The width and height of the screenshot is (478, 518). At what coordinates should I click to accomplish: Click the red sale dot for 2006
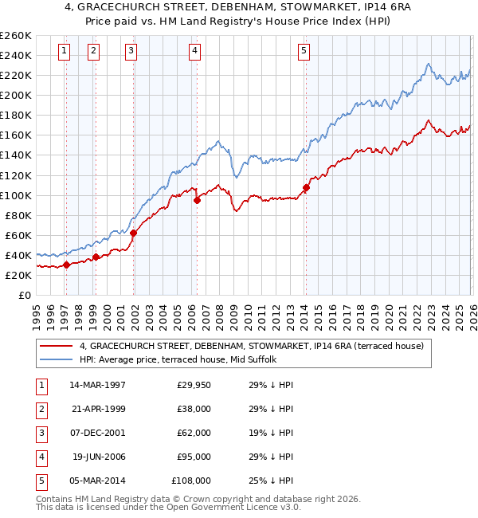[x=197, y=200]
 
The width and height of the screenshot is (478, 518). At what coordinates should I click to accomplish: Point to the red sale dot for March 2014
[x=306, y=187]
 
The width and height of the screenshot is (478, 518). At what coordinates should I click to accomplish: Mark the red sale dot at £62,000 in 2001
[x=134, y=233]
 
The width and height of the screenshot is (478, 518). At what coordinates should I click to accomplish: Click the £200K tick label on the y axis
[x=16, y=95]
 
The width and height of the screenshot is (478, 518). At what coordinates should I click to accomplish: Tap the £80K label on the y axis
[x=18, y=215]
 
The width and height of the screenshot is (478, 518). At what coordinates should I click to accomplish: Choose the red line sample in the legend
[x=57, y=346]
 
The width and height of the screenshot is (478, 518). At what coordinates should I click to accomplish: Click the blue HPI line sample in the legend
[x=57, y=359]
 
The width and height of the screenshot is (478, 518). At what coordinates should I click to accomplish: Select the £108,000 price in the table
[x=191, y=481]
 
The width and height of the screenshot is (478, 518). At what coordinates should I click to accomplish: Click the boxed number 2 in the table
[x=40, y=409]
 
